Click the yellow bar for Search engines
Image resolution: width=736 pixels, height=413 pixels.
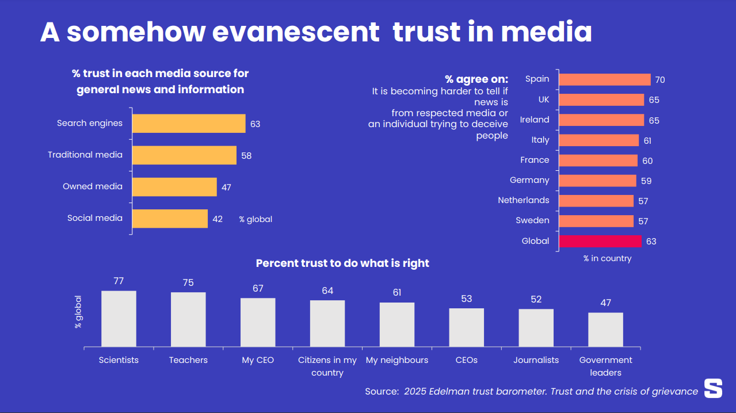[189, 124]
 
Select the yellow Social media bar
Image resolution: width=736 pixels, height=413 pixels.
[170, 219]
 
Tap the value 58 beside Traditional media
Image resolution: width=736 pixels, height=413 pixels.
[246, 155]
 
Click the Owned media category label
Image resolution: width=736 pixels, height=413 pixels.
[93, 186]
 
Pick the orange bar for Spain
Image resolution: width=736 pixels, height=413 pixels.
[604, 79]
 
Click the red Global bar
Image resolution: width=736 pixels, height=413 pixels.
[600, 241]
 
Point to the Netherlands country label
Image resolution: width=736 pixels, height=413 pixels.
[523, 200]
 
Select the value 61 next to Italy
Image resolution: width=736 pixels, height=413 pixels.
[647, 140]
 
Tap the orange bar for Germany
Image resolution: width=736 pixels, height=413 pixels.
[597, 181]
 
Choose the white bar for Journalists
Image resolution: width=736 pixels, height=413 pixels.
[536, 327]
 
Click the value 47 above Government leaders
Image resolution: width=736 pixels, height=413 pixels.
[605, 303]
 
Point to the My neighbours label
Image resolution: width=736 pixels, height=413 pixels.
[397, 360]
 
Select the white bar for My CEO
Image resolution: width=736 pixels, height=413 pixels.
[258, 322]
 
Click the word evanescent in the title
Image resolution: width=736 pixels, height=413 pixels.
[296, 32]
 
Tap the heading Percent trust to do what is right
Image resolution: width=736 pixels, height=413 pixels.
[342, 263]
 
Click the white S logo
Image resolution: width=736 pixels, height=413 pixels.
[713, 388]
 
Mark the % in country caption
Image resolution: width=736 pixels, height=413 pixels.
[607, 259]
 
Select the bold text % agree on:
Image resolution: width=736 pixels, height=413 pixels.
[476, 79]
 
